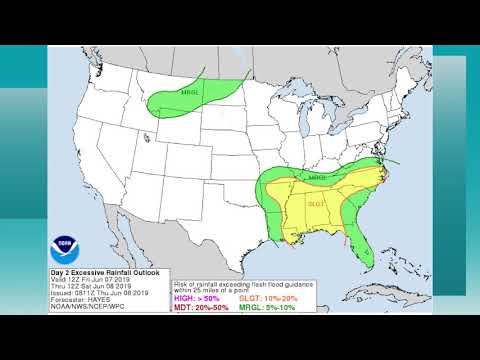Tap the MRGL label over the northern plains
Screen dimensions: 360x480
coord(190,93)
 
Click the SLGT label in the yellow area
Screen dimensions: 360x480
coord(317,203)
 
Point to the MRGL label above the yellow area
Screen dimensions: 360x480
coord(318,178)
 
